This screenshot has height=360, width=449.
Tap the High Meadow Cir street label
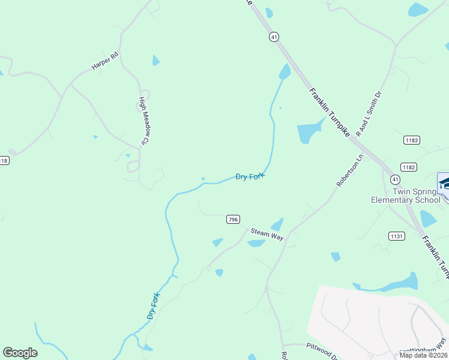(x=143, y=121)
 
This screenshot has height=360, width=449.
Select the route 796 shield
(x=234, y=220)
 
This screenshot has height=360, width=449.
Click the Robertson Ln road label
(x=350, y=171)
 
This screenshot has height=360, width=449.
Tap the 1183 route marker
(x=411, y=140)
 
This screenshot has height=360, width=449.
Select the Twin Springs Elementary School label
(x=405, y=196)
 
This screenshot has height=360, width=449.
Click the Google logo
(x=20, y=353)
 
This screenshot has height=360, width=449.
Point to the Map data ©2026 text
(x=423, y=355)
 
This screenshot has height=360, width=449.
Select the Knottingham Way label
(x=423, y=347)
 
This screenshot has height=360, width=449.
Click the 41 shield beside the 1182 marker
(x=394, y=179)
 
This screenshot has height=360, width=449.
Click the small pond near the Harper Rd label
(x=156, y=60)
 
